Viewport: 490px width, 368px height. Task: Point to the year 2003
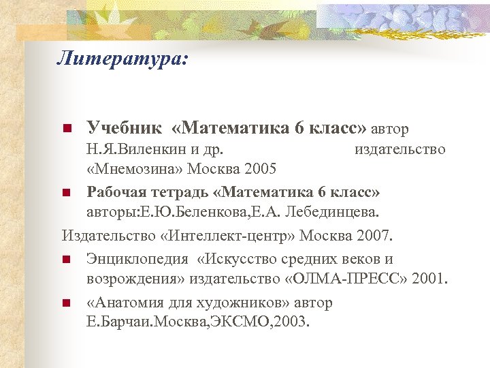pos(293,322)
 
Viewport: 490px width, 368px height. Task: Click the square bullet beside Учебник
pos(66,129)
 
